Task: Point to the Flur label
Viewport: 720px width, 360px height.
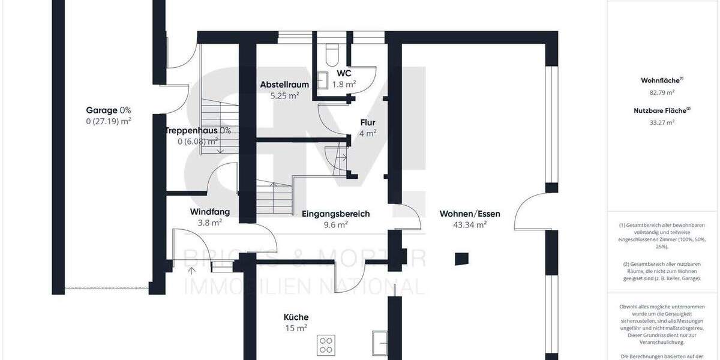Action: [x=368, y=122]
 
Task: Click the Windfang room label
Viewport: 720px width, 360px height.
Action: [x=209, y=212]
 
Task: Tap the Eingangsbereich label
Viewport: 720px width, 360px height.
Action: [x=335, y=214]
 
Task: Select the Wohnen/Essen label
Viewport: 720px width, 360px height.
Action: [x=470, y=214]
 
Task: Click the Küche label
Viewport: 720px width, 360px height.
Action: [x=296, y=317]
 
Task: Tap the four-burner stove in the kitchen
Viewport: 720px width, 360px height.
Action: [x=326, y=344]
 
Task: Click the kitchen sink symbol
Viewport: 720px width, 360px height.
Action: [x=380, y=343]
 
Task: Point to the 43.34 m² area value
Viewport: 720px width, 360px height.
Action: [x=470, y=224]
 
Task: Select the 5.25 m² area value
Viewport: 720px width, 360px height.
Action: [x=285, y=95]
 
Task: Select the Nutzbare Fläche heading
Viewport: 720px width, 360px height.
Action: [x=653, y=111]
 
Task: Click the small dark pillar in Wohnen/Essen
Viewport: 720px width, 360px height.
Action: [x=461, y=259]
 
